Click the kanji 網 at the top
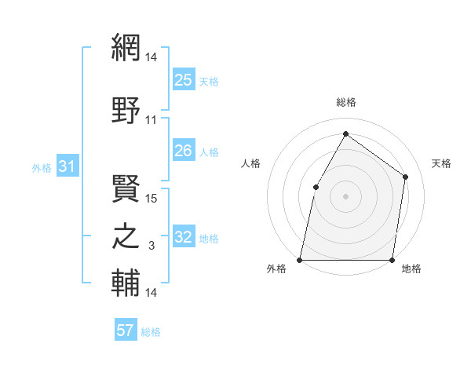(126, 49)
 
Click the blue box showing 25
(184, 79)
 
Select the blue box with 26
(184, 151)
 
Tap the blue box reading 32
(184, 237)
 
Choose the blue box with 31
(67, 166)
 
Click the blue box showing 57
(126, 331)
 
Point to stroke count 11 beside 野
(152, 120)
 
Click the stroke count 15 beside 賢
(152, 198)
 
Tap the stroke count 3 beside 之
(152, 247)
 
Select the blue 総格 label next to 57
(151, 332)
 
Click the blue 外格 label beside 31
(42, 167)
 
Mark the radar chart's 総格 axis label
(345, 102)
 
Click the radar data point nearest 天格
(406, 177)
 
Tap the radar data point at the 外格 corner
(300, 260)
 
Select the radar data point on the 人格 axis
(316, 186)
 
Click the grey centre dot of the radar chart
(345, 195)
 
